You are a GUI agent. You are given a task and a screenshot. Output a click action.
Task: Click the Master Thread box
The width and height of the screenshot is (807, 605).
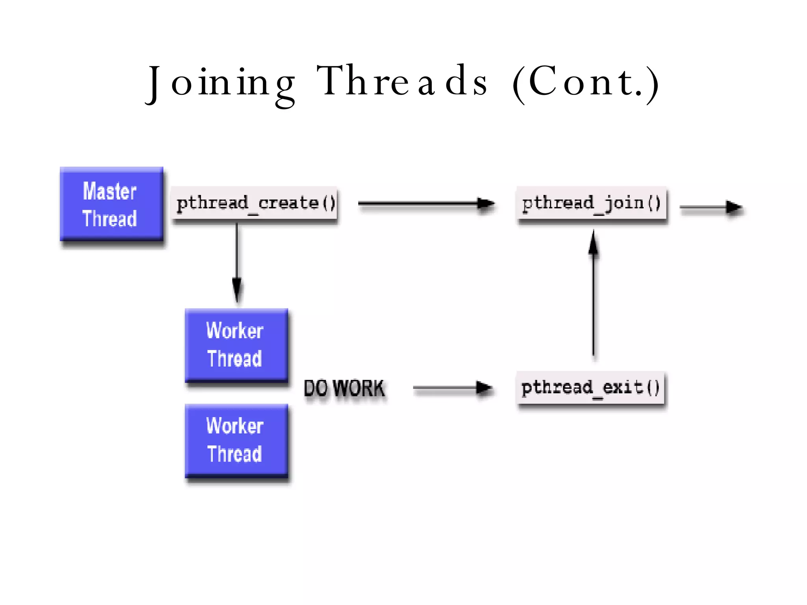click(112, 204)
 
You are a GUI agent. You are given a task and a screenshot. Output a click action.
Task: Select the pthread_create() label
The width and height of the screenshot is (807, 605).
click(255, 204)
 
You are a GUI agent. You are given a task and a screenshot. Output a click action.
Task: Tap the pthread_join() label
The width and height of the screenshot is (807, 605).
click(591, 204)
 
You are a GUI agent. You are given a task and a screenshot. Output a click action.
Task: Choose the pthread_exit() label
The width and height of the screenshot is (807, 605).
click(590, 388)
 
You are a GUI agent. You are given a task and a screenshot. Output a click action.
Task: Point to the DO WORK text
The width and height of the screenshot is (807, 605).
click(344, 388)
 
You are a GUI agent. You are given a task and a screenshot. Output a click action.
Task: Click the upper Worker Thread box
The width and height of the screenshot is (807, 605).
click(236, 345)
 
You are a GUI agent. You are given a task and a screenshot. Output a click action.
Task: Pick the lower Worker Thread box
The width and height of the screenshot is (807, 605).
click(236, 440)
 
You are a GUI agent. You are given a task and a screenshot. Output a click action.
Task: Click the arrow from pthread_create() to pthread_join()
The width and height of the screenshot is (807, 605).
click(426, 204)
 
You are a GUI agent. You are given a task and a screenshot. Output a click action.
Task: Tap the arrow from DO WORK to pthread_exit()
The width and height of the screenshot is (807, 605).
click(452, 388)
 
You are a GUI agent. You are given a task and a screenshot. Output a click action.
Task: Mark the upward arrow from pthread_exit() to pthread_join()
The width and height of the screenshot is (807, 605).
click(593, 295)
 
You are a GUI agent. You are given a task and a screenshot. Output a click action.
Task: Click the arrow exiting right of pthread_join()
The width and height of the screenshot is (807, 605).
click(711, 207)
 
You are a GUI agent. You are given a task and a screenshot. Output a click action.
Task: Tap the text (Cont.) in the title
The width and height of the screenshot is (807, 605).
click(586, 83)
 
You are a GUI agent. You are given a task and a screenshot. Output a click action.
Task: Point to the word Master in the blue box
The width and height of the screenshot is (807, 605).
click(110, 191)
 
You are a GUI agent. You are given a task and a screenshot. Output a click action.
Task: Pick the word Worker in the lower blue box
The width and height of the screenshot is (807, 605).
click(235, 426)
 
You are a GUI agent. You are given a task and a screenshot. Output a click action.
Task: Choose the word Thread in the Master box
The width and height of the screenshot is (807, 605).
click(110, 219)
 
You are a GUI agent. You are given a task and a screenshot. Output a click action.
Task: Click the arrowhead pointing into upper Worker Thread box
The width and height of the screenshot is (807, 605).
click(237, 291)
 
